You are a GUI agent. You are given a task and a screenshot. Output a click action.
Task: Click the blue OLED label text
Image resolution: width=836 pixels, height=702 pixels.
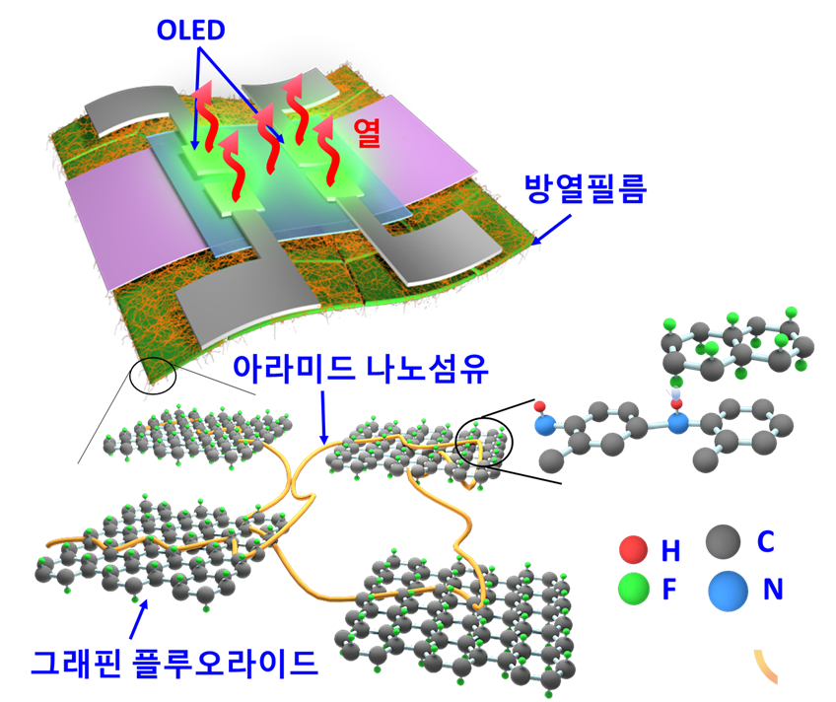click(191, 31)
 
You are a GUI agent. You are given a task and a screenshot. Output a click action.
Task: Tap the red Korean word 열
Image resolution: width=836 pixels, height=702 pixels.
click(367, 132)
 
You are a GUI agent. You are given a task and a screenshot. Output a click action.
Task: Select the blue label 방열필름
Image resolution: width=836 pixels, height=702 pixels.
click(586, 188)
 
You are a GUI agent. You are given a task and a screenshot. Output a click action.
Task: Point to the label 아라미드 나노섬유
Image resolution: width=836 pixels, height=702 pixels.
click(361, 369)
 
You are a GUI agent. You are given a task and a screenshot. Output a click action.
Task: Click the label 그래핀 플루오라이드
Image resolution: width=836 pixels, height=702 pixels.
click(174, 663)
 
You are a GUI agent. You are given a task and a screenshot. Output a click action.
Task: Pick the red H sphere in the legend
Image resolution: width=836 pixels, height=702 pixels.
click(633, 549)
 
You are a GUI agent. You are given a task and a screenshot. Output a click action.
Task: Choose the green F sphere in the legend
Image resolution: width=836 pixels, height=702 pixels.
click(633, 589)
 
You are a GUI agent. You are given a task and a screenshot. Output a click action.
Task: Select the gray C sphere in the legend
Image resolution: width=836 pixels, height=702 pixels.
click(723, 541)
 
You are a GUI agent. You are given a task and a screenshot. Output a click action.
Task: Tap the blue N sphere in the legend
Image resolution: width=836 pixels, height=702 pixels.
click(728, 591)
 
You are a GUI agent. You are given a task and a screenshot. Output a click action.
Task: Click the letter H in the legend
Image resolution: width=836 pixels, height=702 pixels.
click(670, 551)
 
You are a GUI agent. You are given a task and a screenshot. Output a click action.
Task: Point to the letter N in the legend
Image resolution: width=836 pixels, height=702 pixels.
click(773, 590)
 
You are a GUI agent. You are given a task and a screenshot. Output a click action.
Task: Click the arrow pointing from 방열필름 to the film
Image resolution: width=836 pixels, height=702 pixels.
click(551, 230)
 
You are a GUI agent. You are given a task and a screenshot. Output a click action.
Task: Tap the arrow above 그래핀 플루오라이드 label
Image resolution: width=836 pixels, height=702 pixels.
click(138, 619)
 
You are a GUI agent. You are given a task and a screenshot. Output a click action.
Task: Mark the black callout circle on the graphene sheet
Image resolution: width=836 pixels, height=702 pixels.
click(484, 442)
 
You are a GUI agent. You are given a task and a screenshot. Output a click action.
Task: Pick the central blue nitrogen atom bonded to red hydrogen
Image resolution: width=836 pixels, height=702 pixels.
click(677, 423)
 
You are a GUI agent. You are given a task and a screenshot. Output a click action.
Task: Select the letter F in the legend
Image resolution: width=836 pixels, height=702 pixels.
click(669, 590)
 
